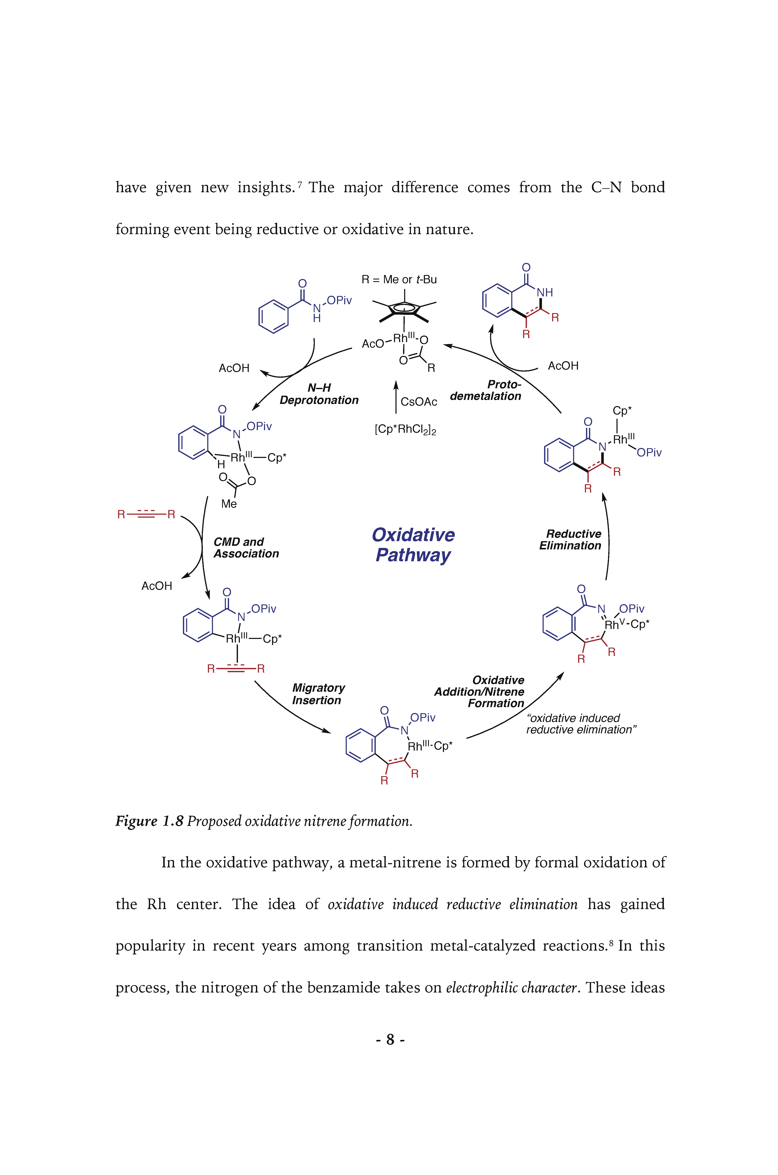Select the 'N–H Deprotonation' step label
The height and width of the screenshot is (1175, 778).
coord(319,394)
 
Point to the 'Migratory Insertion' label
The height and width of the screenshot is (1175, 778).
coord(318,694)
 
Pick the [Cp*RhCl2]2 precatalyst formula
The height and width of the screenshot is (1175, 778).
coord(405,430)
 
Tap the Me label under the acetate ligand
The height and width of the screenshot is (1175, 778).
coord(229,504)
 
